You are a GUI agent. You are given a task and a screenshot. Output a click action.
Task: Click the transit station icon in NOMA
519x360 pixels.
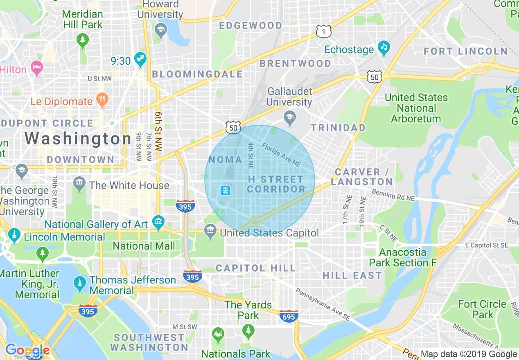[225, 191]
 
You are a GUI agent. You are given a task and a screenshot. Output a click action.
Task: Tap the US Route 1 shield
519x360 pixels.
[323, 31]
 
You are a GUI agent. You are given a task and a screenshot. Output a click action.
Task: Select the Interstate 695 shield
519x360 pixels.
[289, 316]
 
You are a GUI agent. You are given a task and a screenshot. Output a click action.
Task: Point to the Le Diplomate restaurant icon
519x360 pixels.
[102, 99]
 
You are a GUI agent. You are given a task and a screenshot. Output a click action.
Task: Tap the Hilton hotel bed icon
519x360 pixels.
[37, 68]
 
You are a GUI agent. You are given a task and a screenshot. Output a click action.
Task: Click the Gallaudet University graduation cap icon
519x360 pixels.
[290, 118]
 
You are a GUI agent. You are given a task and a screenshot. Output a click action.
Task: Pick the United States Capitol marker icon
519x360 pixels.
[210, 231]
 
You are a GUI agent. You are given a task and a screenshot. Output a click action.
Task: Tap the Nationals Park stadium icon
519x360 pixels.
[218, 335]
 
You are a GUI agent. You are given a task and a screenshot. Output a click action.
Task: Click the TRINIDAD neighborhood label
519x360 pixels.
[338, 128]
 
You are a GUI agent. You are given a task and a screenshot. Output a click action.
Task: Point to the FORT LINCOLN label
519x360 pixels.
[466, 52]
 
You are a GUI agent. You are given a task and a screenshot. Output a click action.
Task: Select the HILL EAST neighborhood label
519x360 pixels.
[352, 275]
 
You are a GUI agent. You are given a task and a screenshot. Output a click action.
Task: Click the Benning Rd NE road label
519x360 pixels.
[393, 195]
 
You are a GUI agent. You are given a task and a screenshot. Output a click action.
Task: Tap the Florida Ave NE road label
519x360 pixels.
[281, 155]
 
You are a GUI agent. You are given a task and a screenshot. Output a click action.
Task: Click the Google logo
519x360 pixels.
[27, 351]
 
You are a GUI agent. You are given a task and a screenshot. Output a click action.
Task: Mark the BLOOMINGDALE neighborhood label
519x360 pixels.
[197, 74]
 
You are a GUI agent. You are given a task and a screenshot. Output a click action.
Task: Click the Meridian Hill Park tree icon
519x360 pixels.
[83, 40]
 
